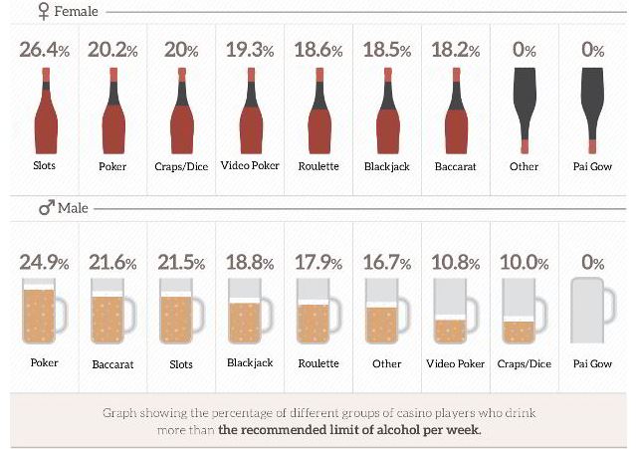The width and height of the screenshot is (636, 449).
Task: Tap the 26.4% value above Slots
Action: [x=44, y=50]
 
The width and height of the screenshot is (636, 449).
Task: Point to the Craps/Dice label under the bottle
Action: [x=181, y=166]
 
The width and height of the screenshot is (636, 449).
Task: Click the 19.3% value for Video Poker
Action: [x=249, y=50]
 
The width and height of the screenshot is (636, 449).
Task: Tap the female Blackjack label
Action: [x=387, y=166]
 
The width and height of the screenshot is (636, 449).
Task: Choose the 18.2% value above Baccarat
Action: [x=456, y=50]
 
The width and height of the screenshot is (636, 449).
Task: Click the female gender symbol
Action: [x=43, y=13]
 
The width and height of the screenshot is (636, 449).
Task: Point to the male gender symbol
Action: [x=45, y=208]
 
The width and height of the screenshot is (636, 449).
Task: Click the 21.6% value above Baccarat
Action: [x=112, y=263]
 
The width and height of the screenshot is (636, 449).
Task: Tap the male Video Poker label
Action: [x=456, y=364]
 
